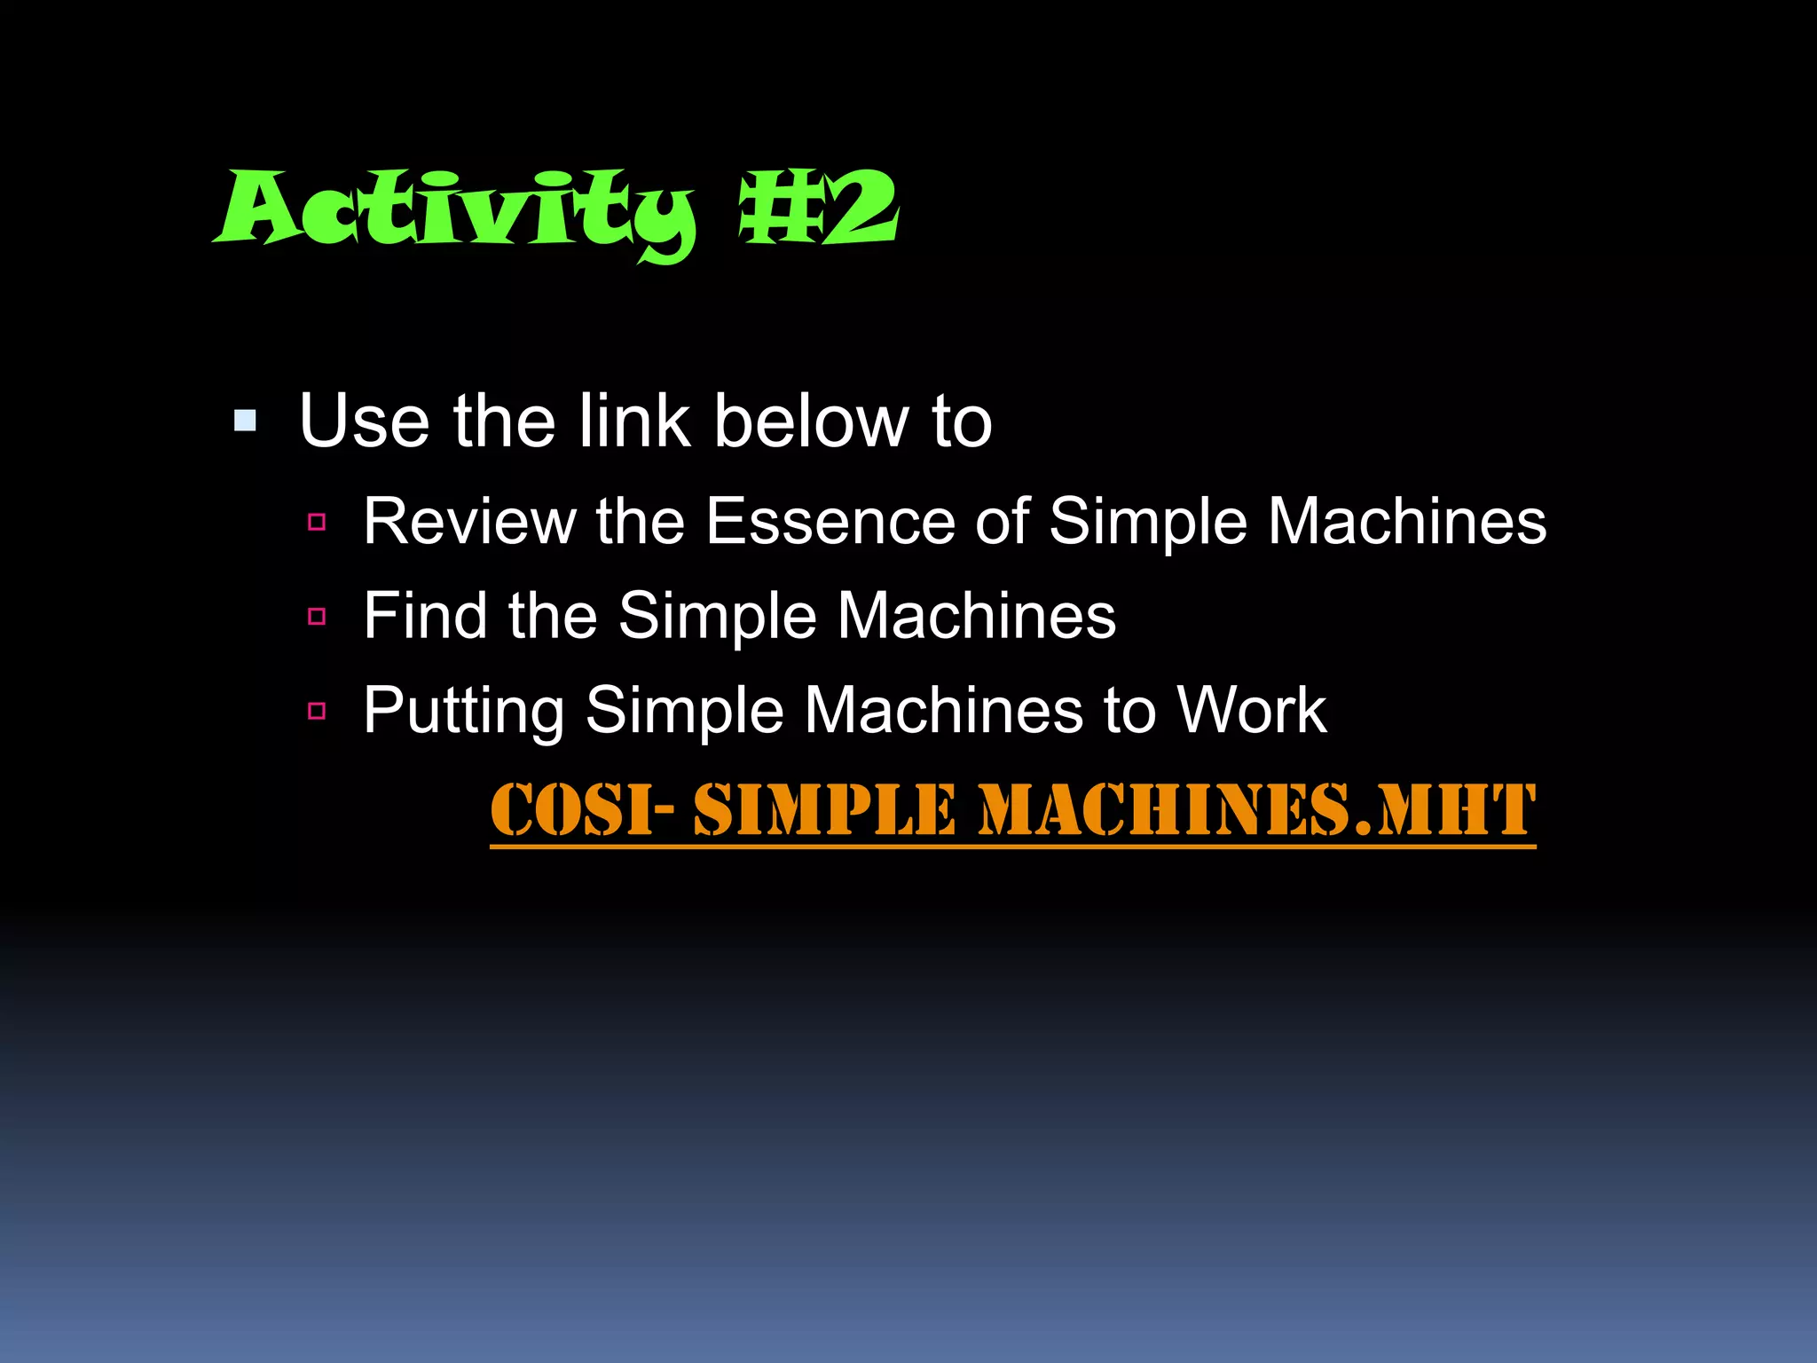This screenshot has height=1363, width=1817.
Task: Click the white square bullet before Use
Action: (245, 421)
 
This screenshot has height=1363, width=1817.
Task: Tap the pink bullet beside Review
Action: (317, 522)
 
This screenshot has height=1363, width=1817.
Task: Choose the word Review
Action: (469, 521)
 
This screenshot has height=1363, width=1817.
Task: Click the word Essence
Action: (830, 521)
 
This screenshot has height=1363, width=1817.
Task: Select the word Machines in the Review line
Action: (1407, 521)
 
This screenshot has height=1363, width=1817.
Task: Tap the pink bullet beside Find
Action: (317, 616)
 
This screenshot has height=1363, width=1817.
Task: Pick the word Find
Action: (425, 615)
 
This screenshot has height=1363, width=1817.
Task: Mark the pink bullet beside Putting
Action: (317, 711)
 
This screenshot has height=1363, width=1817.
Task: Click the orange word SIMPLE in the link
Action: (824, 809)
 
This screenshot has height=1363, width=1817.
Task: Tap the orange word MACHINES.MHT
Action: (1256, 809)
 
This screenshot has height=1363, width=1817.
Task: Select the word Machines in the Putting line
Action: (943, 710)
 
